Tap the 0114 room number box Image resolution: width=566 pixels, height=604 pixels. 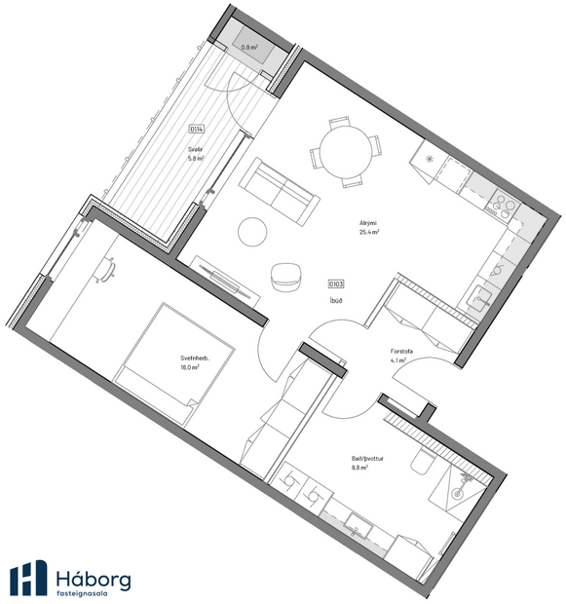(196, 129)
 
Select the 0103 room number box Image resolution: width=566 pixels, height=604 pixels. (337, 283)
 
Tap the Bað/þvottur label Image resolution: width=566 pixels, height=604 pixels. (366, 462)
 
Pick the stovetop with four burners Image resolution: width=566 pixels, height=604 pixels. (505, 205)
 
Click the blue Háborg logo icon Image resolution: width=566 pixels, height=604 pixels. (28, 577)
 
